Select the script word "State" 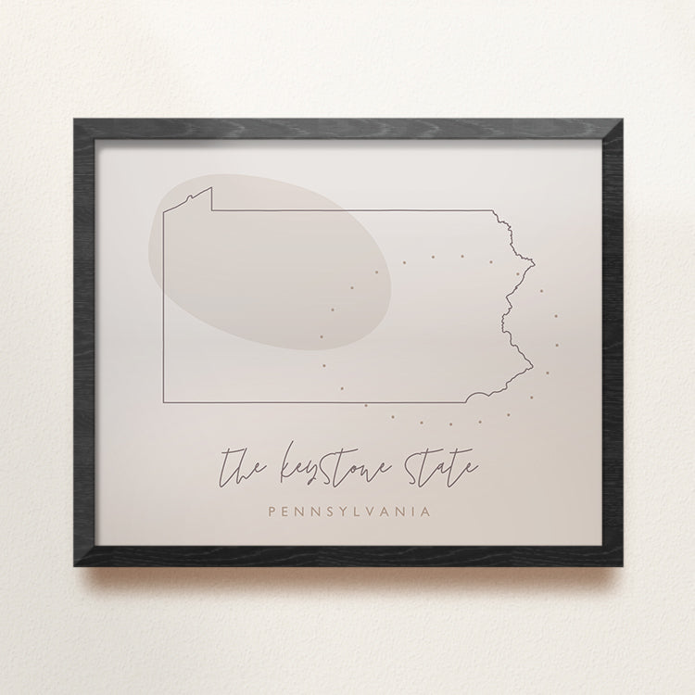[x=439, y=463]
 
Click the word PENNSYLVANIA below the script [x=347, y=511]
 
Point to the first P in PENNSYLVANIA [x=271, y=511]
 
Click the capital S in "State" [x=411, y=461]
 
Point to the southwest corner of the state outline [x=164, y=403]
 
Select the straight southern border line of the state [x=315, y=403]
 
